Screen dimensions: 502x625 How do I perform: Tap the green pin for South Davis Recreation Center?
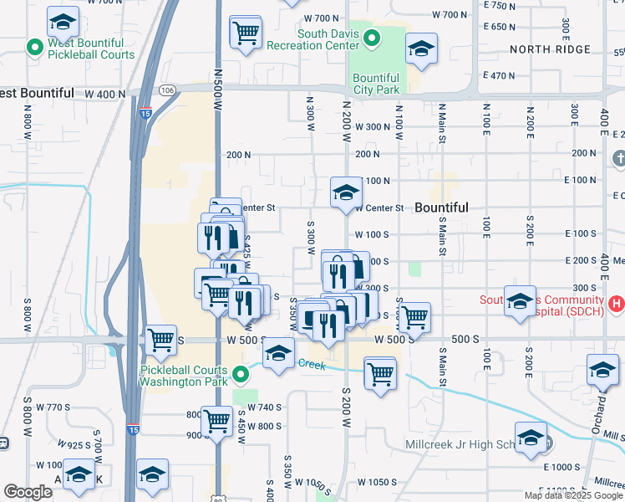pyautogui.click(x=373, y=38)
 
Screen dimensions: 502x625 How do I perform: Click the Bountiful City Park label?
pyautogui.click(x=376, y=83)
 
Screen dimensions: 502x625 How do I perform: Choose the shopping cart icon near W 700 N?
pyautogui.click(x=246, y=33)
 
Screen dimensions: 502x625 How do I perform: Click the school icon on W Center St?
pyautogui.click(x=346, y=193)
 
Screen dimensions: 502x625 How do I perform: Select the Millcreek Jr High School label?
pyautogui.click(x=464, y=443)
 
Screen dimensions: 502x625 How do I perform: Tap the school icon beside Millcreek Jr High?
pyautogui.click(x=531, y=438)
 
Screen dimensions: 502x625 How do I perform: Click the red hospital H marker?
pyautogui.click(x=617, y=303)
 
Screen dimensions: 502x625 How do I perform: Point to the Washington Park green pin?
pyautogui.click(x=240, y=373)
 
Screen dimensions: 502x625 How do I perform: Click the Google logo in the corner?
pyautogui.click(x=28, y=492)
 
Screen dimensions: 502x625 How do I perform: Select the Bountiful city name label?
pyautogui.click(x=441, y=207)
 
